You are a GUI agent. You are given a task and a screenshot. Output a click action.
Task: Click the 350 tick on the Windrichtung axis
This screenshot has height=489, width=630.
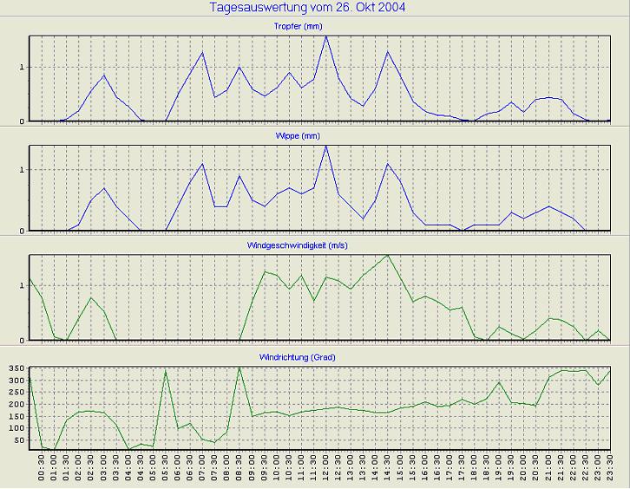click(x=14, y=369)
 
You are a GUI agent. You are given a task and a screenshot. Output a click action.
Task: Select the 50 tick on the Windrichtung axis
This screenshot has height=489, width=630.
click(x=17, y=440)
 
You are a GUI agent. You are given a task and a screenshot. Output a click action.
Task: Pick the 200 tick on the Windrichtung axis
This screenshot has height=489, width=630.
click(x=14, y=405)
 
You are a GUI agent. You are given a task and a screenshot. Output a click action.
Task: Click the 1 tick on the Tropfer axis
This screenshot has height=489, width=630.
click(x=23, y=67)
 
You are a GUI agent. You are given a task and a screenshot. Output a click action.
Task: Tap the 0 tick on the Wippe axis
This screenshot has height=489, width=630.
click(x=23, y=230)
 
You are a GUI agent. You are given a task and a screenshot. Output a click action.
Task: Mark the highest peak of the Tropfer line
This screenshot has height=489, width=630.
click(x=326, y=36)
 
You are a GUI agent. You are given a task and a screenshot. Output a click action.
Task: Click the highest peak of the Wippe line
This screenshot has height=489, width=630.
click(x=326, y=146)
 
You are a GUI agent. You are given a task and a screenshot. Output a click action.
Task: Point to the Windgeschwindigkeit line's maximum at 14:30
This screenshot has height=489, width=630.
click(x=388, y=255)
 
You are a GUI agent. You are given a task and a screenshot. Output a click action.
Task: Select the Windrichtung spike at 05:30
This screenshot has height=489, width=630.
click(x=165, y=371)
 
